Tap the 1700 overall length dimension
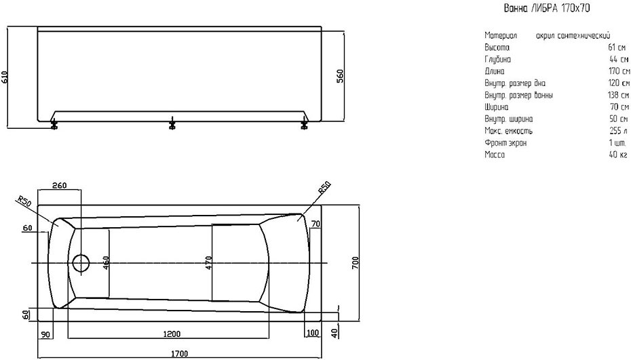(179, 353)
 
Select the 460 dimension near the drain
(107, 263)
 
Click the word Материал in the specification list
(501, 35)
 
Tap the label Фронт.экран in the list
(505, 143)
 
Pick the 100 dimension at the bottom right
(311, 332)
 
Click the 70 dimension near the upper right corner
(315, 222)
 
